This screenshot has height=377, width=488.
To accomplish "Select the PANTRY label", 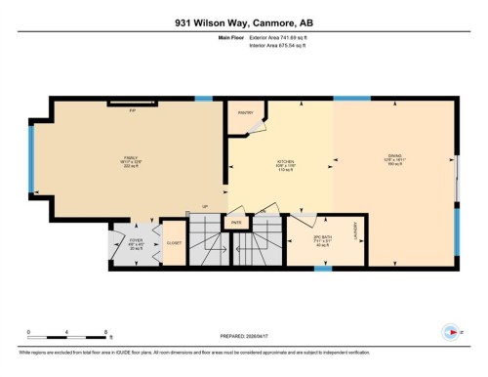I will pyautogui.click(x=246, y=112).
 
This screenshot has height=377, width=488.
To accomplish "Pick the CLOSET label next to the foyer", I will pyautogui.click(x=174, y=243).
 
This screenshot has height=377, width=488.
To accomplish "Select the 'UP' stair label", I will pyautogui.click(x=204, y=206).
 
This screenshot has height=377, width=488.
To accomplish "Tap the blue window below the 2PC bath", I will pyautogui.click(x=322, y=268).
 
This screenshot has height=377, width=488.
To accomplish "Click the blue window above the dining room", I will pyautogui.click(x=346, y=98).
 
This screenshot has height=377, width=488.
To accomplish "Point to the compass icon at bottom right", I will pyautogui.click(x=450, y=331).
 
